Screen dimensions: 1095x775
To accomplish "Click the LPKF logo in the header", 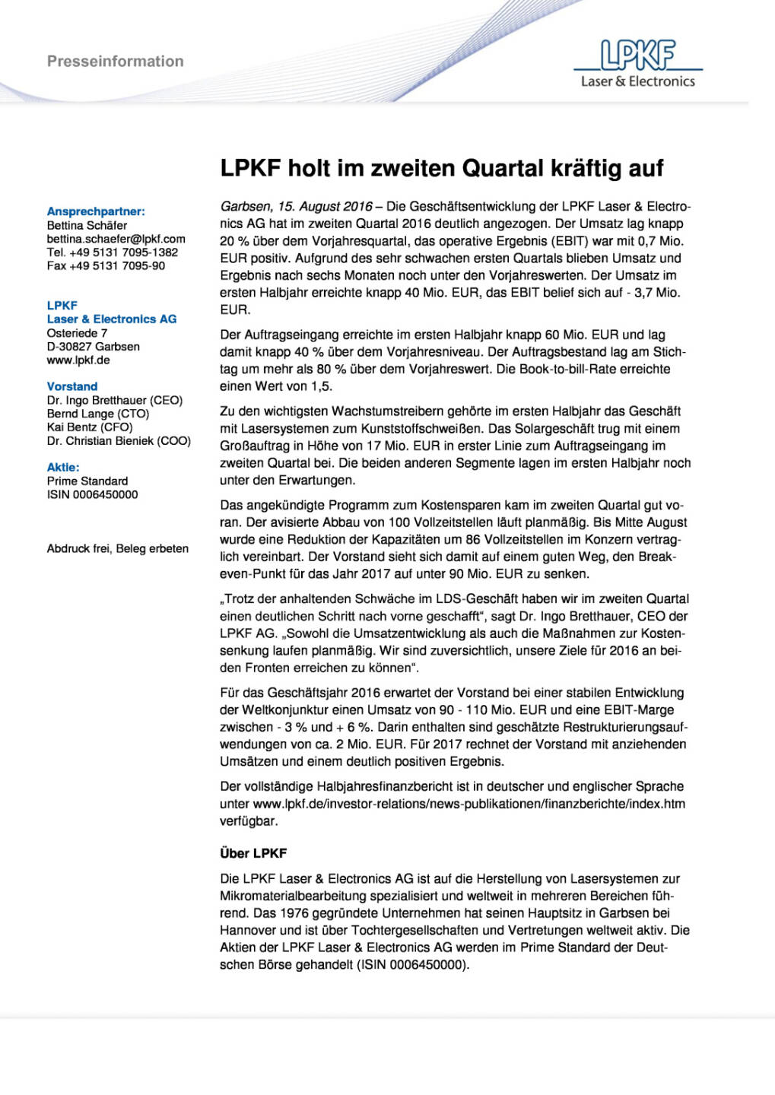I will coord(637,64).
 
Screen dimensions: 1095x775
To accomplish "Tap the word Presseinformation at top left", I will coord(115,62).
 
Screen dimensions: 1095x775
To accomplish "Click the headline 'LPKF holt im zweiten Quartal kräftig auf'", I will coord(441,168).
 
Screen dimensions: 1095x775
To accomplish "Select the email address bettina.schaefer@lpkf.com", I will coord(116,239).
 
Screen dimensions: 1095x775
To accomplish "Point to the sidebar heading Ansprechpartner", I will coord(96,211).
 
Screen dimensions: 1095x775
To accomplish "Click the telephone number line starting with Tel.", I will coord(113,252).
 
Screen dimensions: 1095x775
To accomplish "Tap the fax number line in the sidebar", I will coord(106,266).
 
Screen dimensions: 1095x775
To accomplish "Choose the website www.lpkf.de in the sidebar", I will coord(78,360).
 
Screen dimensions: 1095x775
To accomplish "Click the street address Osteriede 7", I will coord(77,333).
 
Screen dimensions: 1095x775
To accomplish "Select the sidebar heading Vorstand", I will coord(72,386).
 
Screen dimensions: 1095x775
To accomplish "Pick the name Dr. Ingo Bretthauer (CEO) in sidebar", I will coord(115,400).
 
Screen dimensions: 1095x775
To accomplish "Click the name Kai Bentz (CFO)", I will coord(90,427).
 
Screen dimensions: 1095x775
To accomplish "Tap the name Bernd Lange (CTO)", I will coord(98,414).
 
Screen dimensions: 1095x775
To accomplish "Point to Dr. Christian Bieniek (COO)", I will coord(119,441).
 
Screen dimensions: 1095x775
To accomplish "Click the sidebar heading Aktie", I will coord(63,467).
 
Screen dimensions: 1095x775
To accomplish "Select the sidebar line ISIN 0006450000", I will coord(93,494).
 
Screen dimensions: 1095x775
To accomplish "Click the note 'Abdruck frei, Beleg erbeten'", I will coord(118,548).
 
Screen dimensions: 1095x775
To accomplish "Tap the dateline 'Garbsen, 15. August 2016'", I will coord(296,206).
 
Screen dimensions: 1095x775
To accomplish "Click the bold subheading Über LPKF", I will coord(253,853).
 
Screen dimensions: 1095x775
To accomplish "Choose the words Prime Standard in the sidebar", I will coord(87,481).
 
